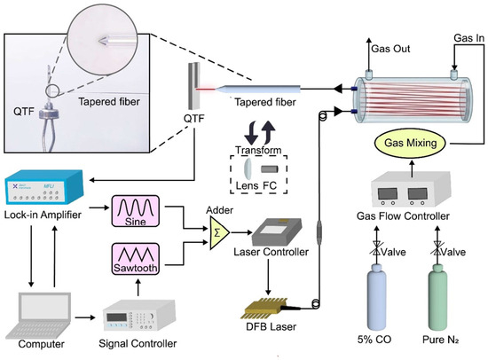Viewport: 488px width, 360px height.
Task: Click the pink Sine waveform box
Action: click(136, 211)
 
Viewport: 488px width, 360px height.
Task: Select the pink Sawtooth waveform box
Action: click(136, 259)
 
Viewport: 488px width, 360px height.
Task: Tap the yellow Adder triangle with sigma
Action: click(219, 232)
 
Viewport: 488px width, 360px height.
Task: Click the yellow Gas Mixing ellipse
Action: click(410, 143)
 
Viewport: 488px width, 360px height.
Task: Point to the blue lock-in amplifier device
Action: click(44, 187)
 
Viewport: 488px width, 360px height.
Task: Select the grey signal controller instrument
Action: click(138, 315)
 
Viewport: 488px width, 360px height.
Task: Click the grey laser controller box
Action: click(276, 231)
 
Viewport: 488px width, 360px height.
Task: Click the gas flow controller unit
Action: click(411, 189)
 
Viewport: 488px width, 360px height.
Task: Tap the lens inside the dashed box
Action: click(247, 169)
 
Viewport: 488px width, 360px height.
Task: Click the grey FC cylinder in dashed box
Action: click(269, 169)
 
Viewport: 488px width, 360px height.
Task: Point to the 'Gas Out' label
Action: click(390, 49)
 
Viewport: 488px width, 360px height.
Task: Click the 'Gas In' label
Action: click(469, 38)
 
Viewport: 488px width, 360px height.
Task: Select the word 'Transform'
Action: click(258, 150)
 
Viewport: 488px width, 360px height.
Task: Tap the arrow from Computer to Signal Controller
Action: click(85, 317)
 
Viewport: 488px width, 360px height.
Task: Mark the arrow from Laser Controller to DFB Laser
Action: click(268, 277)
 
